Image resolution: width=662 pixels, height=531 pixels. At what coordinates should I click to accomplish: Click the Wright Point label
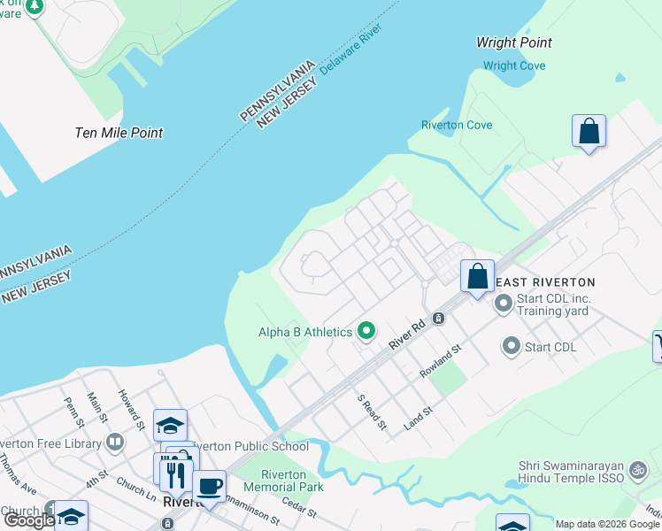pos(513,42)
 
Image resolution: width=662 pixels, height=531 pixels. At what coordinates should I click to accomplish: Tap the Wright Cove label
pos(514,65)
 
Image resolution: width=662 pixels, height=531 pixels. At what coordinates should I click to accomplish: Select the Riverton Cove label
pos(457,125)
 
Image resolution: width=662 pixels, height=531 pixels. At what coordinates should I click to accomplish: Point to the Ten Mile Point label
pos(119,133)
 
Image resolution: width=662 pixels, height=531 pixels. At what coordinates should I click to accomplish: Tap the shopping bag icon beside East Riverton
pos(477,276)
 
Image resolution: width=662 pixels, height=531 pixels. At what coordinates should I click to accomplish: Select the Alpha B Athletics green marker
pos(366,333)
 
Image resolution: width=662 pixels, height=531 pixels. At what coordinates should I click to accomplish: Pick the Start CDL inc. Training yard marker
pos(504,304)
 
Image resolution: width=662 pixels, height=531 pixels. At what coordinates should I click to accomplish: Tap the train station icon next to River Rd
pos(437,318)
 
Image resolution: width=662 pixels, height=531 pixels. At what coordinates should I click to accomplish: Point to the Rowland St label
pos(442,363)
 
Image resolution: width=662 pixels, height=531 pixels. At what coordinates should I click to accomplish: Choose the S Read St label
pos(371,412)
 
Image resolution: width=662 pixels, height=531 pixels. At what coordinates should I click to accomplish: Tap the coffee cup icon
pos(209,486)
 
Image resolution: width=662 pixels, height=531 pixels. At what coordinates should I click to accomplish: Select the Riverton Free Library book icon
pos(114,442)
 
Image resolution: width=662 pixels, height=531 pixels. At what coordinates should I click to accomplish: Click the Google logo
pos(28,520)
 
